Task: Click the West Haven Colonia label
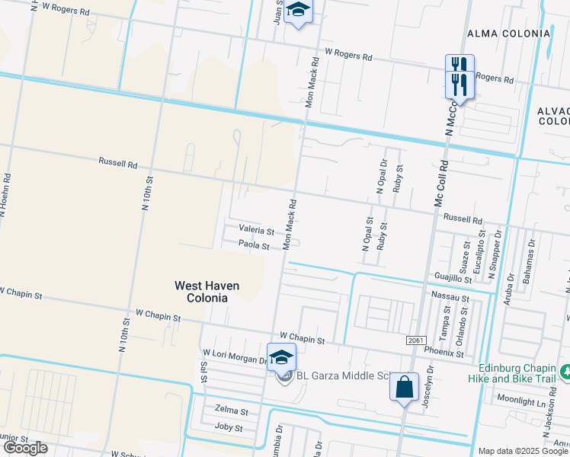pyautogui.click(x=207, y=292)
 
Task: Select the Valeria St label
pyautogui.click(x=256, y=229)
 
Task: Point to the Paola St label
pyautogui.click(x=254, y=245)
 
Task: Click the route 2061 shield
pyautogui.click(x=415, y=340)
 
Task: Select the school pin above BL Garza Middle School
pyautogui.click(x=281, y=356)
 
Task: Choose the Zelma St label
pyautogui.click(x=232, y=411)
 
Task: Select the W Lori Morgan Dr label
pyautogui.click(x=233, y=354)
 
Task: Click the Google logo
pyautogui.click(x=24, y=448)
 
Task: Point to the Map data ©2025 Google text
pyautogui.click(x=524, y=451)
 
